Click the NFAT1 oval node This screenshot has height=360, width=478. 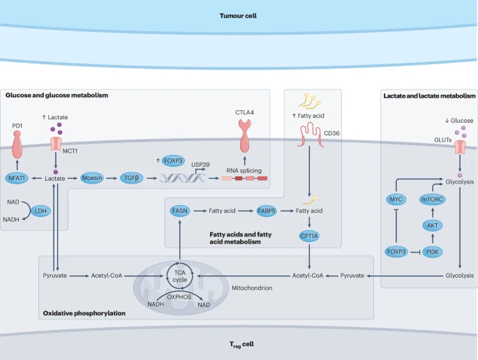click(x=17, y=178)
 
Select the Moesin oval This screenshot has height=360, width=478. click(x=92, y=178)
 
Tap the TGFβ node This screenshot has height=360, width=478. click(x=132, y=178)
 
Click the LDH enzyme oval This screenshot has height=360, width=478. click(x=41, y=211)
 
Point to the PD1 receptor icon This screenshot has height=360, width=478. click(x=17, y=144)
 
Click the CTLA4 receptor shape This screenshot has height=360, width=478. click(x=245, y=135)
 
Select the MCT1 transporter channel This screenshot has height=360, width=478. click(x=56, y=144)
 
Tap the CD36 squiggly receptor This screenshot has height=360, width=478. click(x=310, y=135)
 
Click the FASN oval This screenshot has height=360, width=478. click(x=180, y=211)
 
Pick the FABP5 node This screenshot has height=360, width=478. click(x=267, y=211)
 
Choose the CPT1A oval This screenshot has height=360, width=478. click(x=309, y=236)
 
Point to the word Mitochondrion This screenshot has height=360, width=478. click(x=252, y=288)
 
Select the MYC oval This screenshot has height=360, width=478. click(x=396, y=200)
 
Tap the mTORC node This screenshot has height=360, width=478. click(x=433, y=200)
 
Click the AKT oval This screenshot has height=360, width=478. click(x=433, y=225)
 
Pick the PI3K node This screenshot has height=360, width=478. click(x=433, y=252)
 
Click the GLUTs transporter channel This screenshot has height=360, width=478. click(x=461, y=147)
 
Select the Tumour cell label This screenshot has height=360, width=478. click(x=238, y=16)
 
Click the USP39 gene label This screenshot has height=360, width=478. click(x=200, y=165)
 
